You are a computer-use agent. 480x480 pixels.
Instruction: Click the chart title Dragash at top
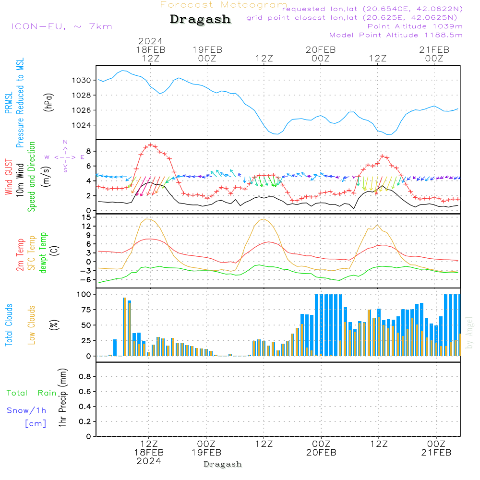click(x=200, y=19)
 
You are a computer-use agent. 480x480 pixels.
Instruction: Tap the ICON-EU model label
click(x=61, y=26)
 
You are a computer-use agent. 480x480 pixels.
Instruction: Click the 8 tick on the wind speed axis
click(x=88, y=151)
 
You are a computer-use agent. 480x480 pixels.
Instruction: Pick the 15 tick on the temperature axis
click(x=86, y=217)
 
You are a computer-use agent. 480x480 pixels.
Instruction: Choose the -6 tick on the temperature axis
click(x=86, y=279)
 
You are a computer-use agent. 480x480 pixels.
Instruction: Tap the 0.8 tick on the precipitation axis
click(x=84, y=376)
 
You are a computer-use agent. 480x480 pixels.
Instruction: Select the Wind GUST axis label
click(x=9, y=178)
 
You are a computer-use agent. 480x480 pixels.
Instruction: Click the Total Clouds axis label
click(x=9, y=325)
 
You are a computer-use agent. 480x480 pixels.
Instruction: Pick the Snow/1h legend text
click(x=26, y=410)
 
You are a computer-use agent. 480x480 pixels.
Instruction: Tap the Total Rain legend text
click(x=32, y=393)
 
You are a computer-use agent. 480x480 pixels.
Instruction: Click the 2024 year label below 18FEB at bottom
click(x=148, y=461)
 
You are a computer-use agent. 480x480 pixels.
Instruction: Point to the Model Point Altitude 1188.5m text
click(x=396, y=35)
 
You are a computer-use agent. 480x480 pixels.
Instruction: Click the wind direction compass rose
click(x=65, y=156)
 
